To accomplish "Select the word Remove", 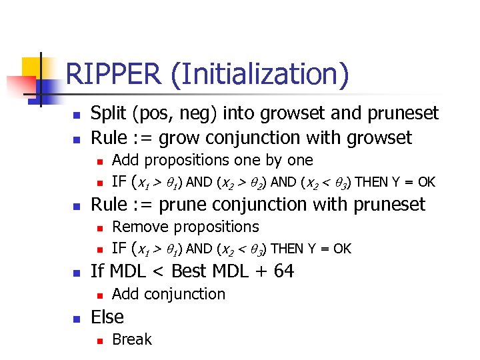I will point(141,227).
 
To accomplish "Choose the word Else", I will point(107,317).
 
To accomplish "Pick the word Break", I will point(132,339).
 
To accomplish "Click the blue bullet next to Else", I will point(77,318).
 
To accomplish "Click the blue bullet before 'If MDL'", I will point(77,272).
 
